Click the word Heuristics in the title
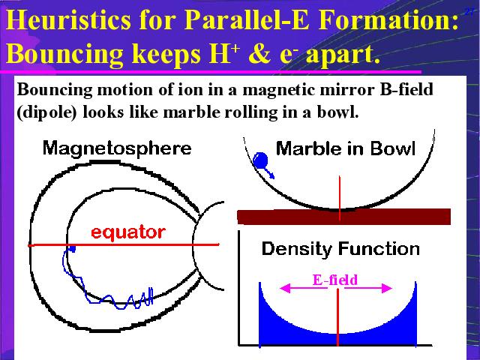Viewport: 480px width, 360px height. tap(69, 20)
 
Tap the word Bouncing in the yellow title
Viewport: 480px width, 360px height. tap(65, 53)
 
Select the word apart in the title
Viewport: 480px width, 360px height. tap(343, 55)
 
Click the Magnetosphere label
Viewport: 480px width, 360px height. tap(117, 148)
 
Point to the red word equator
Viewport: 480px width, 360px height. tap(128, 232)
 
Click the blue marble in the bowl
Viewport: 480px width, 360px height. tap(260, 160)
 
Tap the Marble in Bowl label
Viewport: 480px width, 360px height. tap(346, 149)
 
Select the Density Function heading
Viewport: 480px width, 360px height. tap(340, 248)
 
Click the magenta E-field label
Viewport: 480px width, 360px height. tap(335, 280)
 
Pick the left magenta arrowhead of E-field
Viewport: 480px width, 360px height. tap(285, 288)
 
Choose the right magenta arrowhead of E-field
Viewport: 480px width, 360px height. tap(387, 288)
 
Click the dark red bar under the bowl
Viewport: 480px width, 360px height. tap(343, 217)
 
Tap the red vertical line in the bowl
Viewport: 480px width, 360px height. tap(340, 198)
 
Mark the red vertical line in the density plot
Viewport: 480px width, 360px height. tap(337, 317)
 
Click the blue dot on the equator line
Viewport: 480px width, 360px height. tap(72, 248)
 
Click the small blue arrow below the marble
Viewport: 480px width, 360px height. tap(269, 173)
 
